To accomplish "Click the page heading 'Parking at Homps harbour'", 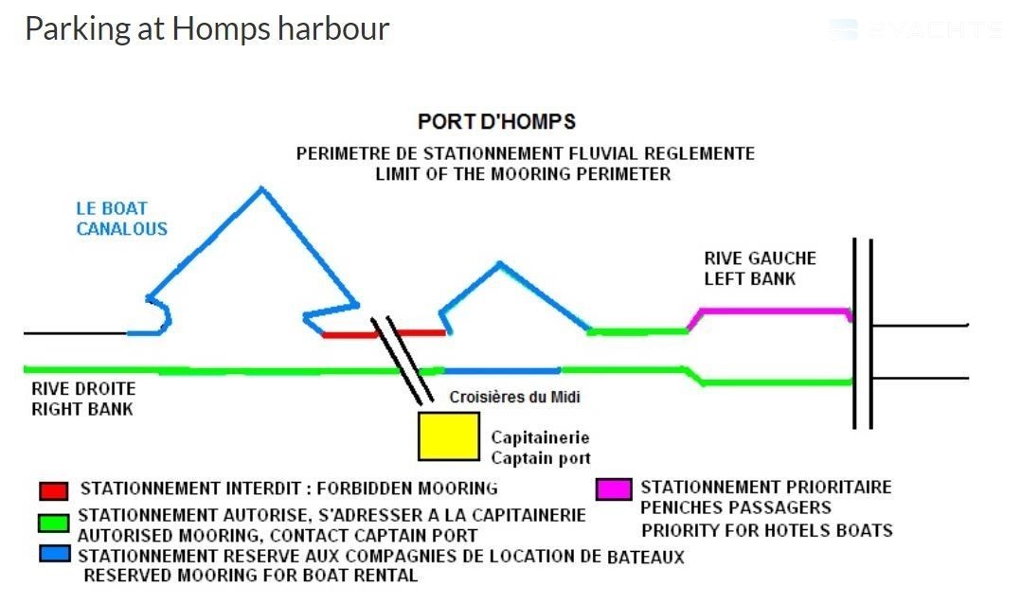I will (x=206, y=28).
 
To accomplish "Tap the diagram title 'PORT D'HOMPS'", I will (x=496, y=122).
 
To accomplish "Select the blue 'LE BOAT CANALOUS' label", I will (x=122, y=219).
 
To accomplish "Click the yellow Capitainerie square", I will (x=449, y=436).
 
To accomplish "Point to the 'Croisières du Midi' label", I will (x=514, y=398).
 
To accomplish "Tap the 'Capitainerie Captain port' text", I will (x=541, y=448).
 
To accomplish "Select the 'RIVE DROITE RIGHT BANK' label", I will (x=83, y=399).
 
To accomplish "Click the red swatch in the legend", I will (x=53, y=491).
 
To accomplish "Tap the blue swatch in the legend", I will (x=53, y=553).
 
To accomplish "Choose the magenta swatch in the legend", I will (x=613, y=489).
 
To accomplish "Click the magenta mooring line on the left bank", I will (x=773, y=311).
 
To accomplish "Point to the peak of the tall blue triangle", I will (x=261, y=189).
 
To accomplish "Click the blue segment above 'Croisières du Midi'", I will (x=502, y=371).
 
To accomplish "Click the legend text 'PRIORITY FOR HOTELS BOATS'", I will (x=766, y=530).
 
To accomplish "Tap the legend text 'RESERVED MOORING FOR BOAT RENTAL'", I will (x=251, y=575).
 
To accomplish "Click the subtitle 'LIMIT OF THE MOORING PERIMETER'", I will (x=523, y=174).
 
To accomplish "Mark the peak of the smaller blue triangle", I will (x=499, y=263).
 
